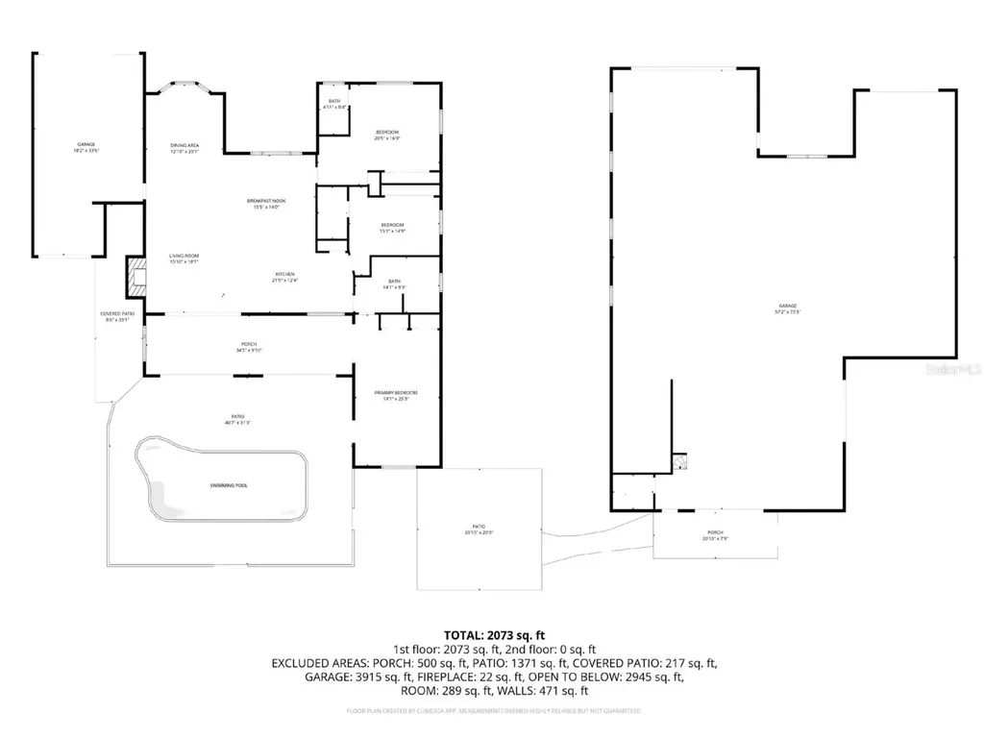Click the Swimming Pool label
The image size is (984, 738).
tap(229, 485)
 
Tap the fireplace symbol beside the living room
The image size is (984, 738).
tap(133, 278)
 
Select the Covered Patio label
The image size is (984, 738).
tap(116, 317)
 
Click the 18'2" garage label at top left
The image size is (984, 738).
tap(86, 148)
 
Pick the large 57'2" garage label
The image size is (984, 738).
tap(788, 308)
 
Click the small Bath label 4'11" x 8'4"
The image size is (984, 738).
tap(334, 104)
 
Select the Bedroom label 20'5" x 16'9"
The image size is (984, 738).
tap(386, 135)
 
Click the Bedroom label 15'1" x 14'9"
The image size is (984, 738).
tap(392, 228)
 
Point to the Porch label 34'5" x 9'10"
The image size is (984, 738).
tap(248, 347)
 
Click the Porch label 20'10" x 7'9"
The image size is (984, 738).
tap(715, 534)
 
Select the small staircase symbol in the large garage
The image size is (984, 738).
tap(680, 463)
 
